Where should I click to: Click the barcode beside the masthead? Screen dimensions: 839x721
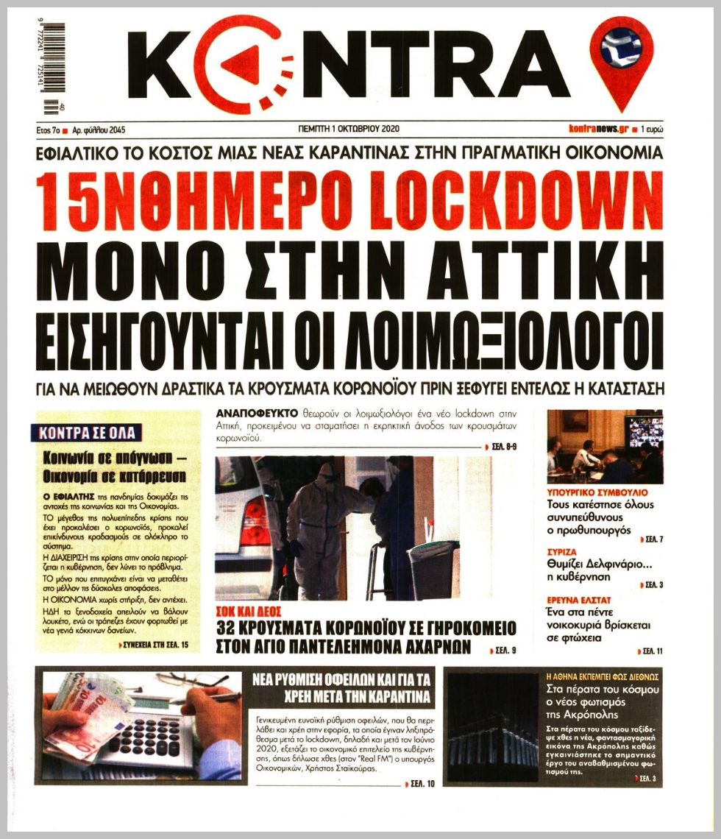click(x=53, y=68)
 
